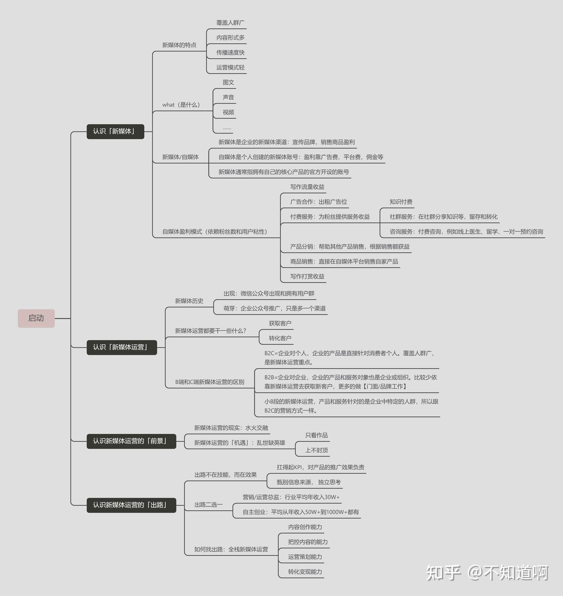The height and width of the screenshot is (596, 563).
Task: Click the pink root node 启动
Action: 36,318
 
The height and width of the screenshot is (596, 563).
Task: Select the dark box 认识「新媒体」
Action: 115,131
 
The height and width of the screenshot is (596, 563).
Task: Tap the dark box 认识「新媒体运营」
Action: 122,347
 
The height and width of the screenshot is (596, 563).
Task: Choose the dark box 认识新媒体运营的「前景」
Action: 131,441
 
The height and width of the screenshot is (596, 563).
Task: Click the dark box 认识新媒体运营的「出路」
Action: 131,505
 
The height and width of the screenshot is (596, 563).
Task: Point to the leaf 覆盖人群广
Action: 231,23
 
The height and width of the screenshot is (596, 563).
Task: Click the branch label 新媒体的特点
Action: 179,45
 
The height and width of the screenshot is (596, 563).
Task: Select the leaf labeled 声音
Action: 228,97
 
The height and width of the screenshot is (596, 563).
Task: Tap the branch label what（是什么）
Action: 181,105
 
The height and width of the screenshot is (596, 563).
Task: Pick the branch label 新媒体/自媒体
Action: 181,157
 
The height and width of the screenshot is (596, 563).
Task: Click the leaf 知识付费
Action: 401,202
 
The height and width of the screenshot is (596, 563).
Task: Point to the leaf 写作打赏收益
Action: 307,276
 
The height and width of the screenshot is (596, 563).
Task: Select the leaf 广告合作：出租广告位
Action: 319,202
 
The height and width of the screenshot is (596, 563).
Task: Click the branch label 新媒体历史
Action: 189,301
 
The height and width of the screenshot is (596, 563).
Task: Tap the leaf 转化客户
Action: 280,338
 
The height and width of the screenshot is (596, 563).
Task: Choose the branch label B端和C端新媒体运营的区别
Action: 210,382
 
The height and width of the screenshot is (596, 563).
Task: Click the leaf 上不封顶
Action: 317,450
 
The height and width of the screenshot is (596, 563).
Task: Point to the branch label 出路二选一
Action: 208,505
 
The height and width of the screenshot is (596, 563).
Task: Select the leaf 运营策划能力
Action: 305,557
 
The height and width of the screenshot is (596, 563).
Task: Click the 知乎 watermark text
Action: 443,573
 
